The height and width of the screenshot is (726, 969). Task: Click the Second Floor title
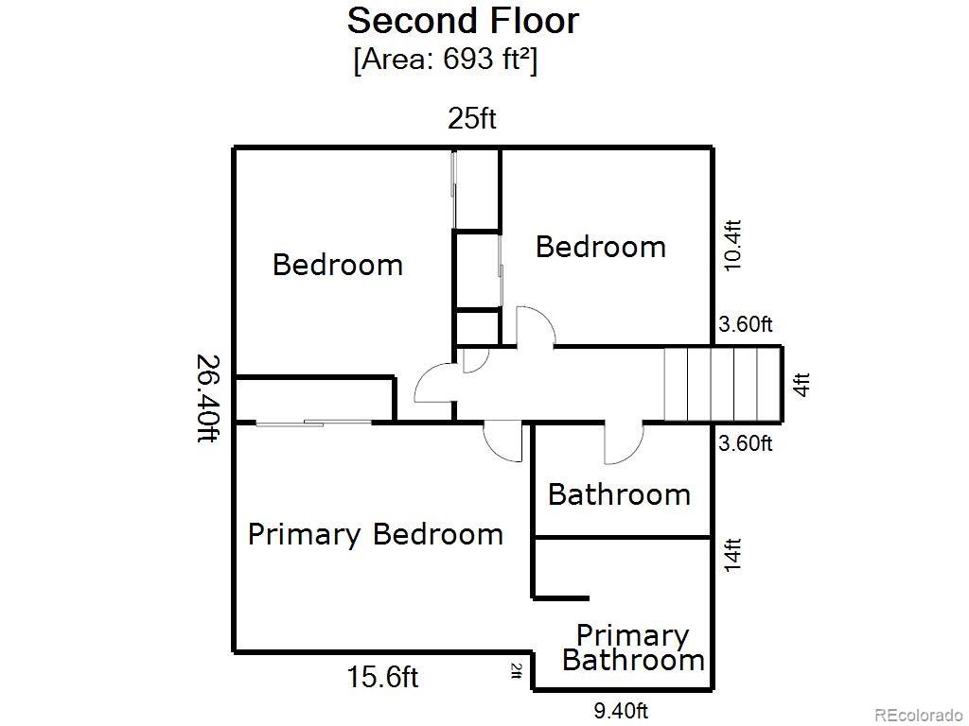[463, 21]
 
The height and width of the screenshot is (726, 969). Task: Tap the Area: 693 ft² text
[445, 60]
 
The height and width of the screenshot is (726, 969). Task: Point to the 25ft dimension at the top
[471, 118]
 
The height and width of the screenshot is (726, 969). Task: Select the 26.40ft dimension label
[207, 398]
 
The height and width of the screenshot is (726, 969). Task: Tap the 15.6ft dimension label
[382, 677]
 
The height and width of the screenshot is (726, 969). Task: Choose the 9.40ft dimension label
[621, 711]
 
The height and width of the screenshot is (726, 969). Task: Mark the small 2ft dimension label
[517, 670]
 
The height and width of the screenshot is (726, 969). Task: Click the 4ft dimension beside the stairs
[801, 385]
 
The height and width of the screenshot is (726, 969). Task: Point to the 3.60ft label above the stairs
[746, 324]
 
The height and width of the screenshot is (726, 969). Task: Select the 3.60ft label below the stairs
[746, 442]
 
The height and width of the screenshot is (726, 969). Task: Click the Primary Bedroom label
[375, 535]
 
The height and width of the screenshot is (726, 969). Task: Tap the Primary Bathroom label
[633, 648]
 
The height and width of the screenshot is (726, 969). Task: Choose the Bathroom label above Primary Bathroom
[619, 494]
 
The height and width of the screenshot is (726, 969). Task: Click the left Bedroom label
[338, 265]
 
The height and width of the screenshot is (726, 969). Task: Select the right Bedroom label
[601, 247]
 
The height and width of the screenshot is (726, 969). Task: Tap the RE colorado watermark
[920, 715]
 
